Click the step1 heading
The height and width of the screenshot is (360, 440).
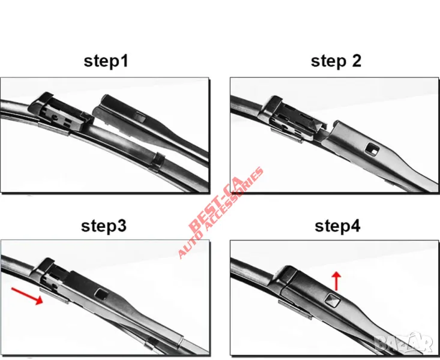pyautogui.click(x=106, y=61)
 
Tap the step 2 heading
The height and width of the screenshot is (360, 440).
pyautogui.click(x=336, y=61)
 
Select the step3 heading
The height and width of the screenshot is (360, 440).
pyautogui.click(x=103, y=226)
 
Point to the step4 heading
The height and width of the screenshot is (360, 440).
pyautogui.click(x=337, y=226)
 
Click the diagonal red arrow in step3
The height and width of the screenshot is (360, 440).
pyautogui.click(x=27, y=296)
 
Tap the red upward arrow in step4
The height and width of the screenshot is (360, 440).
pyautogui.click(x=336, y=281)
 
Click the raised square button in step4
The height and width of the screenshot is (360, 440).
pyautogui.click(x=333, y=301)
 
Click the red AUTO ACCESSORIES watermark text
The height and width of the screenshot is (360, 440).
pyautogui.click(x=221, y=212)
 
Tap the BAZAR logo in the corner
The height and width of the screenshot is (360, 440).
pyautogui.click(x=403, y=343)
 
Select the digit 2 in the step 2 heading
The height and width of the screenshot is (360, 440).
pyautogui.click(x=357, y=61)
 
